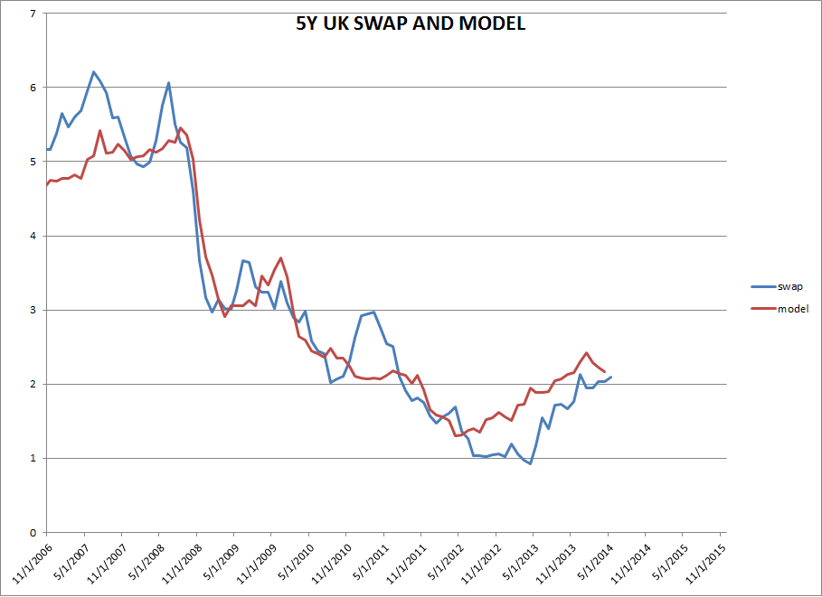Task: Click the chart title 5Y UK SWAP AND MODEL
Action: [410, 24]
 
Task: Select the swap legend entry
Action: [789, 286]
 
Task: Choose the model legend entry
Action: [792, 309]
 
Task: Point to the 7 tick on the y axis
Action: [33, 14]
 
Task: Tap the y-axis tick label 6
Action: [33, 89]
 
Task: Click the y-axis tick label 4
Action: [33, 237]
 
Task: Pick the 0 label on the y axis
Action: [33, 533]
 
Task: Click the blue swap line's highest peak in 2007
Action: [93, 71]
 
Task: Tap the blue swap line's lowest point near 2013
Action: [530, 463]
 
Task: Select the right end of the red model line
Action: [605, 372]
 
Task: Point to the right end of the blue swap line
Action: [611, 377]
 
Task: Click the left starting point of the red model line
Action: [44, 185]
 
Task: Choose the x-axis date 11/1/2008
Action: [182, 564]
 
